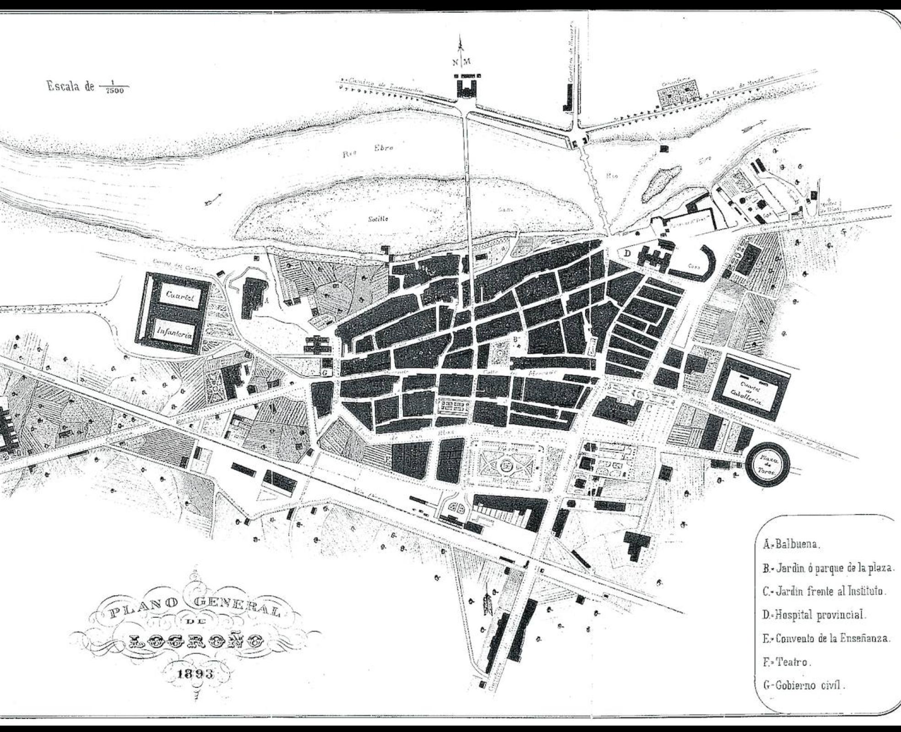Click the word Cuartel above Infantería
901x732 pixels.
[x=180, y=296]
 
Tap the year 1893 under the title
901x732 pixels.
[x=195, y=675]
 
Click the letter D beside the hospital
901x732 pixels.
[x=628, y=253]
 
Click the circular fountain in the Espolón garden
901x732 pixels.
[x=506, y=466]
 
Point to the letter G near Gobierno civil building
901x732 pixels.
[x=325, y=373]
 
